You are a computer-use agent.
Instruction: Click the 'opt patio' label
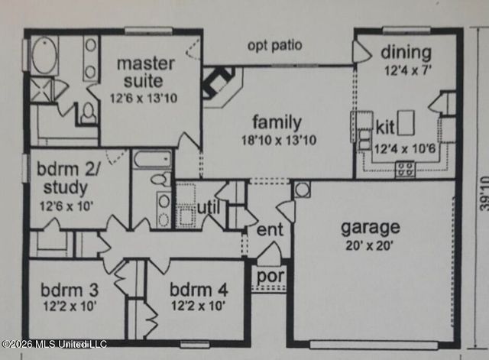275,46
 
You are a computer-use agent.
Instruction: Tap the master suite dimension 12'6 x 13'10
144,99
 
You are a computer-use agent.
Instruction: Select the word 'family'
277,122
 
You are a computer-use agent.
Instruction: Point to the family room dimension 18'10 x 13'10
279,140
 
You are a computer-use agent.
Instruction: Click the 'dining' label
406,53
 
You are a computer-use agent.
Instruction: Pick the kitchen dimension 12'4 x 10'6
404,149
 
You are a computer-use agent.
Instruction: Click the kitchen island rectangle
406,122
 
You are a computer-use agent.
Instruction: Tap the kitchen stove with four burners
405,169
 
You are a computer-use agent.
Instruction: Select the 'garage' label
371,228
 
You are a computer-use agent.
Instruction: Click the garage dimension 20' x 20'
369,246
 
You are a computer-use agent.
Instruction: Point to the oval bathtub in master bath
45,56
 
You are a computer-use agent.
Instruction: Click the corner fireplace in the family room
219,83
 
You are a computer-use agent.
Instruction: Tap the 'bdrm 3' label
70,290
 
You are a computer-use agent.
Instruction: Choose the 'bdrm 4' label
199,290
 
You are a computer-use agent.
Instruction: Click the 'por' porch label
270,277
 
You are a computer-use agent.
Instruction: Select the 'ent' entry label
270,230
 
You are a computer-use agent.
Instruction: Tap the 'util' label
209,207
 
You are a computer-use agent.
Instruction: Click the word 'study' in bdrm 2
66,188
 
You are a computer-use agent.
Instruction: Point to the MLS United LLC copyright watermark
54,344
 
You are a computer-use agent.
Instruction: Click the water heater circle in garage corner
303,190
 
